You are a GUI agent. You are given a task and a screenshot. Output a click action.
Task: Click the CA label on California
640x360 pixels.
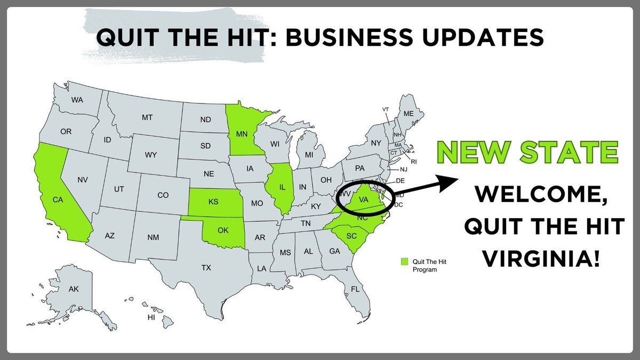[58, 199]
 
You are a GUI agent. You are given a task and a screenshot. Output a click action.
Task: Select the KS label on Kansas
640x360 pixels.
[213, 202]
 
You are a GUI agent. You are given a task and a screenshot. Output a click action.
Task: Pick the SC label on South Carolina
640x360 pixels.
[351, 236]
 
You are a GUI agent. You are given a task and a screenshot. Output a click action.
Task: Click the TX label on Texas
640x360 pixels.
[206, 267]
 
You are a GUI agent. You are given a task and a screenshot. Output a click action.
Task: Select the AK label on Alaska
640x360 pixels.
[74, 289]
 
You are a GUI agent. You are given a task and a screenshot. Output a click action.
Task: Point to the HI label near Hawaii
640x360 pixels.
[151, 317]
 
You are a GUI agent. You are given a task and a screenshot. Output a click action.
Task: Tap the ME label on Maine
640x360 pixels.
[409, 114]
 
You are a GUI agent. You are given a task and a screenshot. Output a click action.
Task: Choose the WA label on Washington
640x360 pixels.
[77, 100]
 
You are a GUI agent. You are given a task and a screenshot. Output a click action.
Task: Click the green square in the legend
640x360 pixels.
[404, 261]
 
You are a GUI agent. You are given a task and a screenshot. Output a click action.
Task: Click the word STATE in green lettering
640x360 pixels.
[574, 153]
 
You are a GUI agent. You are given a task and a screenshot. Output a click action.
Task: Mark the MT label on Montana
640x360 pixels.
[147, 117]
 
